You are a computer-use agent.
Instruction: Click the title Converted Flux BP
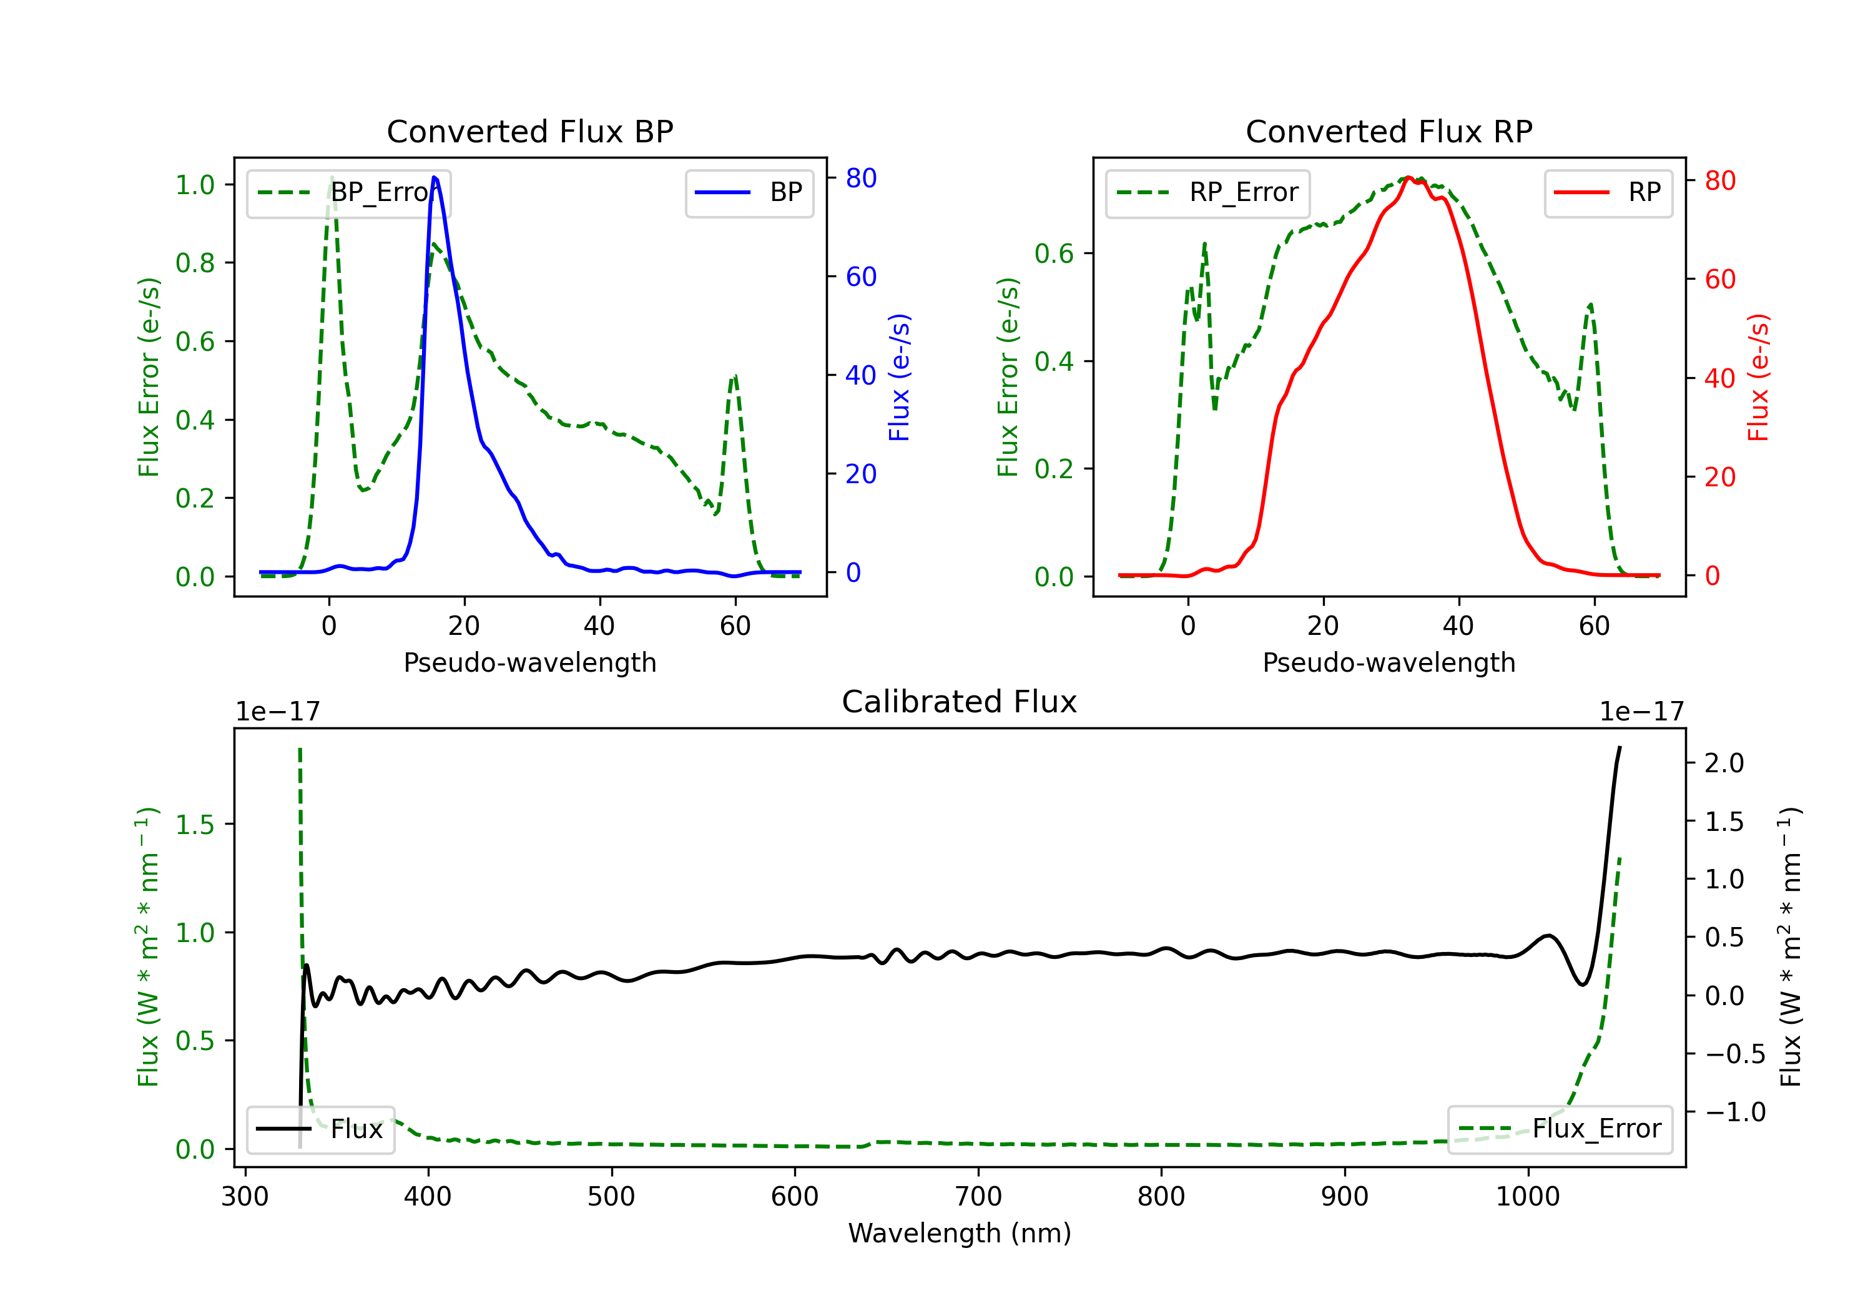[x=530, y=131]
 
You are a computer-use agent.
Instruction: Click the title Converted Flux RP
[x=1389, y=131]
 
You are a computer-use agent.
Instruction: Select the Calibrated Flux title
[x=960, y=702]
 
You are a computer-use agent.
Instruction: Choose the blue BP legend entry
[x=749, y=192]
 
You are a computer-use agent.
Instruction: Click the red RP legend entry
[x=1608, y=192]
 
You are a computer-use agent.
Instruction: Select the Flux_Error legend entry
[x=1559, y=1129]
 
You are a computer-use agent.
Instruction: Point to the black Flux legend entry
[x=320, y=1129]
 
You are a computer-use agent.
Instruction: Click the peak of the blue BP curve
[x=434, y=177]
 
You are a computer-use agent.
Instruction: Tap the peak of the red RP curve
[x=1409, y=178]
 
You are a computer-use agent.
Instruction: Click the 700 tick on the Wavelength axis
[x=978, y=1196]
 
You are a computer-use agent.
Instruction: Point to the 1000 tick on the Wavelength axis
[x=1528, y=1196]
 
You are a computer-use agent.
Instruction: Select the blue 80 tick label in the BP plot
[x=862, y=178]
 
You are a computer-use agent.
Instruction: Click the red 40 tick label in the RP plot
[x=1721, y=378]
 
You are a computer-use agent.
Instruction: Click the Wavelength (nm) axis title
[x=960, y=1234]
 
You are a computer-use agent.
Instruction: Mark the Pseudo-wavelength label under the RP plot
[x=1389, y=662]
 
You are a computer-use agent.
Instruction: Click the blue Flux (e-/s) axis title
[x=899, y=378]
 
